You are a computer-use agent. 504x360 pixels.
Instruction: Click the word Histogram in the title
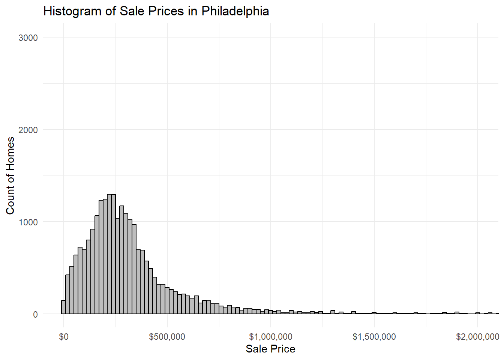pyautogui.click(x=73, y=11)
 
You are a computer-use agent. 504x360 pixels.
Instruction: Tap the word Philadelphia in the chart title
pyautogui.click(x=235, y=11)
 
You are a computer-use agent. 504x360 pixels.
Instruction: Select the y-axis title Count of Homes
pyautogui.click(x=10, y=175)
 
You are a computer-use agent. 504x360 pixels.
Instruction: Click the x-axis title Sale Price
pyautogui.click(x=270, y=349)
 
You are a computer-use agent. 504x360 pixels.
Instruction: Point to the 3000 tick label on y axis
pyautogui.click(x=28, y=37)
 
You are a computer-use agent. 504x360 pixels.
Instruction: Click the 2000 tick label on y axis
pyautogui.click(x=28, y=130)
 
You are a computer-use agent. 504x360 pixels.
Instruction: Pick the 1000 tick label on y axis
pyautogui.click(x=28, y=222)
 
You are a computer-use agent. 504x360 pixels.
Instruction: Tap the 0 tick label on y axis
pyautogui.click(x=35, y=314)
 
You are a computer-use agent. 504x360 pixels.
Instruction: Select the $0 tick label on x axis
pyautogui.click(x=64, y=337)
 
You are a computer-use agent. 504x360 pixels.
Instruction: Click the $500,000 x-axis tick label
pyautogui.click(x=167, y=337)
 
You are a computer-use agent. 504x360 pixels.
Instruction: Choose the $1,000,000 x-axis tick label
pyautogui.click(x=271, y=337)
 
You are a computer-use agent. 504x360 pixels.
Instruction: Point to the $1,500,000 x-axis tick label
pyautogui.click(x=374, y=337)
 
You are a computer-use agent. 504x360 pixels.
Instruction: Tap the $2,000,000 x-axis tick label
pyautogui.click(x=477, y=337)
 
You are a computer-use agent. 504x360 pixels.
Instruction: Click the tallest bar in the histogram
pyautogui.click(x=109, y=255)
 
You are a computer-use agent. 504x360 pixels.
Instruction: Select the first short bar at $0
pyautogui.click(x=63, y=307)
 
